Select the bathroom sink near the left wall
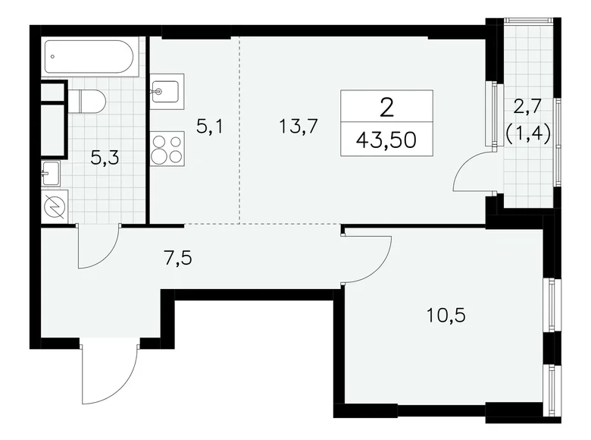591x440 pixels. point(52,174)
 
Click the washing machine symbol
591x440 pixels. point(55,206)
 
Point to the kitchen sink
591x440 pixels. point(166,93)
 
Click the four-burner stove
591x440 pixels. point(167,148)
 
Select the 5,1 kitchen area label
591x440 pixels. point(209,127)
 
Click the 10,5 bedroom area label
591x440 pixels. point(446,314)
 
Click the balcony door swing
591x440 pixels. point(470,171)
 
